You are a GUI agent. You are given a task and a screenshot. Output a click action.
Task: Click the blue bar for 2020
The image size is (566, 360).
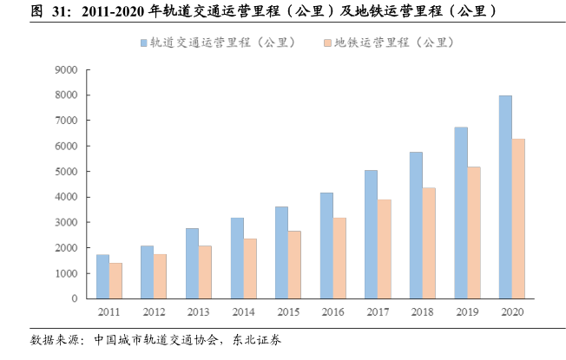[505, 197]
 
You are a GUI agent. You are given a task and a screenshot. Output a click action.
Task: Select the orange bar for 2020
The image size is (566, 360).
[518, 219]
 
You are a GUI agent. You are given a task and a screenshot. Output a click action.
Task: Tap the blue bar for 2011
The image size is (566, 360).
[102, 277]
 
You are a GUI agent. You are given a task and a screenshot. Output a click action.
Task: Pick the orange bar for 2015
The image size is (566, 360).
[294, 265]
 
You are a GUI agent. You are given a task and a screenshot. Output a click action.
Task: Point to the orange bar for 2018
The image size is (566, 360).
[428, 243]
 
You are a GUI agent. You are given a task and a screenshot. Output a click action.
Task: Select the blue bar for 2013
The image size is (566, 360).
[192, 264]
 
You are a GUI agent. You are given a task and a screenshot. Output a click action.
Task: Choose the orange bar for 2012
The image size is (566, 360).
[160, 276]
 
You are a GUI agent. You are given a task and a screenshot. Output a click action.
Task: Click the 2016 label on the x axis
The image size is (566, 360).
[332, 312]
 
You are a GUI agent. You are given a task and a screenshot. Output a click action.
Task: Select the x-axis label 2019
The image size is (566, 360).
[467, 312]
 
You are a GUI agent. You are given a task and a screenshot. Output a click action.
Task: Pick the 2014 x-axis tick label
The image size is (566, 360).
[243, 312]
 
